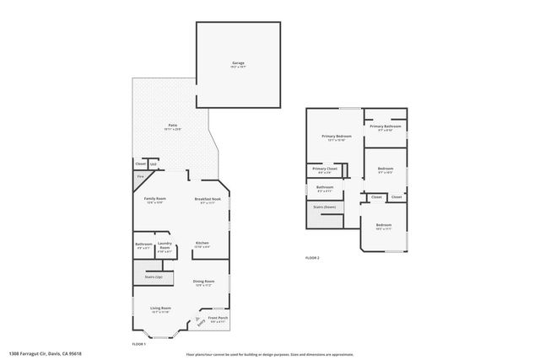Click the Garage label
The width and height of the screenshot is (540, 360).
click(x=238, y=63)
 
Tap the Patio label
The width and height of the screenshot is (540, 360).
click(x=171, y=125)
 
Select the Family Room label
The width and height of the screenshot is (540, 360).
click(x=154, y=199)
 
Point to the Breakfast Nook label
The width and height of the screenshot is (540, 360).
click(x=208, y=199)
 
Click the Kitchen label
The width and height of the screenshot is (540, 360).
click(x=202, y=243)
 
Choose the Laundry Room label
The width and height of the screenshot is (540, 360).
click(x=165, y=244)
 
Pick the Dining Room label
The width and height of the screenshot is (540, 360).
click(x=203, y=281)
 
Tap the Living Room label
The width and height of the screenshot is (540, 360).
click(x=160, y=309)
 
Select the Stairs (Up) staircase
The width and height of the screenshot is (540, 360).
click(x=154, y=277)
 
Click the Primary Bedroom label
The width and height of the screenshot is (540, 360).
click(x=336, y=136)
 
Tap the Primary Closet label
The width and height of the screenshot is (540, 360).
click(x=325, y=169)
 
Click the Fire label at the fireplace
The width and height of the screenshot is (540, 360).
click(x=140, y=176)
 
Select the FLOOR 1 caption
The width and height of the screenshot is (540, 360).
click(x=139, y=344)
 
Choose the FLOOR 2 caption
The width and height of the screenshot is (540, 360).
click(x=312, y=257)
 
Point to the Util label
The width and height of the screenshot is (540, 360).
click(x=153, y=164)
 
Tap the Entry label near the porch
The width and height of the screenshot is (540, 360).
click(x=201, y=320)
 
